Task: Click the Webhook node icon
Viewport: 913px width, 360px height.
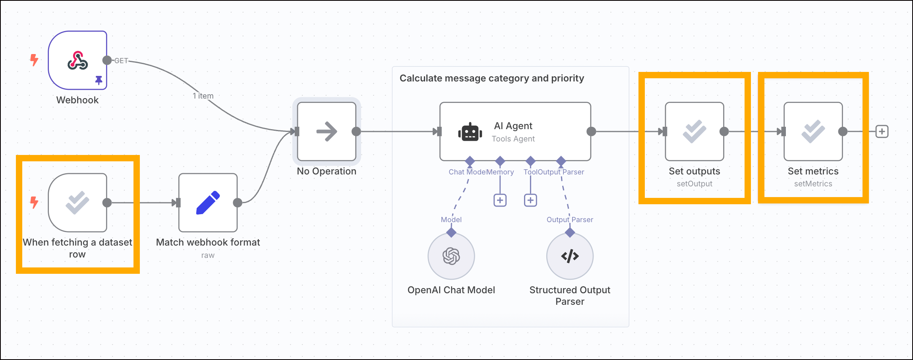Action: [77, 60]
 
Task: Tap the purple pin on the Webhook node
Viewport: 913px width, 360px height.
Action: [99, 80]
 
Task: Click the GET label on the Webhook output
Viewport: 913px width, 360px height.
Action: [121, 61]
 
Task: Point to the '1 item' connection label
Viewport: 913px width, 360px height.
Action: [203, 96]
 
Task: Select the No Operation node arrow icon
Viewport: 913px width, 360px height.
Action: [327, 132]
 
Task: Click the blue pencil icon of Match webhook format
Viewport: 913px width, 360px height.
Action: [208, 203]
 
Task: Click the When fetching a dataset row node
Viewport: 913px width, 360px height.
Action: [77, 203]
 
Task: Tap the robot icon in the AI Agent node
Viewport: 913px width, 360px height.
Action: [470, 132]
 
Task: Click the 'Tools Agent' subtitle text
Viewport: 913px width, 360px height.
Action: [513, 139]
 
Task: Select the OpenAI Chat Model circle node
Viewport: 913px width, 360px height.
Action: [451, 256]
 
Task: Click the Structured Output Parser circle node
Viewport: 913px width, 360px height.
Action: [570, 256]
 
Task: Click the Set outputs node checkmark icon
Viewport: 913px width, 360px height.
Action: [694, 132]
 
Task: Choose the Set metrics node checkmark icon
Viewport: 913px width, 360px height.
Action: [813, 132]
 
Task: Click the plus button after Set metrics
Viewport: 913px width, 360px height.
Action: [882, 132]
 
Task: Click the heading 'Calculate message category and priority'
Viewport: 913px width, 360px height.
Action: [491, 78]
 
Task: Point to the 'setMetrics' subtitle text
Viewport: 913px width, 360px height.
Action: [813, 184]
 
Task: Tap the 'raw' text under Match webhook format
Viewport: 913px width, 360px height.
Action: [208, 255]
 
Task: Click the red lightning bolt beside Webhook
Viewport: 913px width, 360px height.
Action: [35, 60]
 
